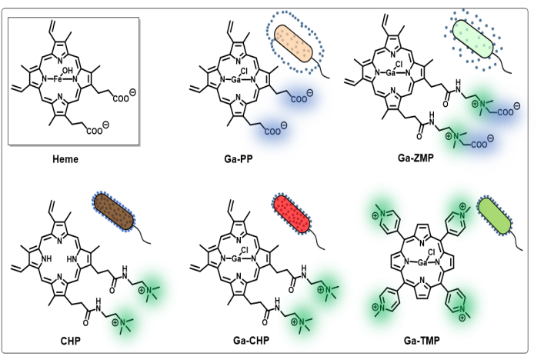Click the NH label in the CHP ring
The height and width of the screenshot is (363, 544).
50,259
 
